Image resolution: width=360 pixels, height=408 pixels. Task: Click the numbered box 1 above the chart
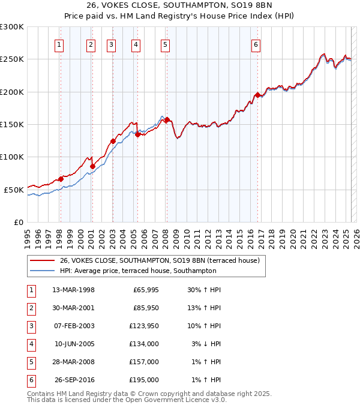(60, 44)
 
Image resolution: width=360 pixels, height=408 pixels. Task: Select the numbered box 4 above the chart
(136, 44)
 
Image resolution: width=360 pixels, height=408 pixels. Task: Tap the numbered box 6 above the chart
(256, 44)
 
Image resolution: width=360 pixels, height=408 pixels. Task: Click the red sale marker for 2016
(257, 95)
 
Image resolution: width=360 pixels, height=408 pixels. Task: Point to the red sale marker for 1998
(61, 179)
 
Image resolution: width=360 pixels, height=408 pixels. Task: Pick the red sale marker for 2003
(113, 141)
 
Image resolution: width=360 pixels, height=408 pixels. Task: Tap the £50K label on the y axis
(14, 190)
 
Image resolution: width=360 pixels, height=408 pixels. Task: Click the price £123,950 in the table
(145, 326)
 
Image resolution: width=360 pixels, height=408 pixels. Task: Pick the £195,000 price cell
(145, 380)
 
